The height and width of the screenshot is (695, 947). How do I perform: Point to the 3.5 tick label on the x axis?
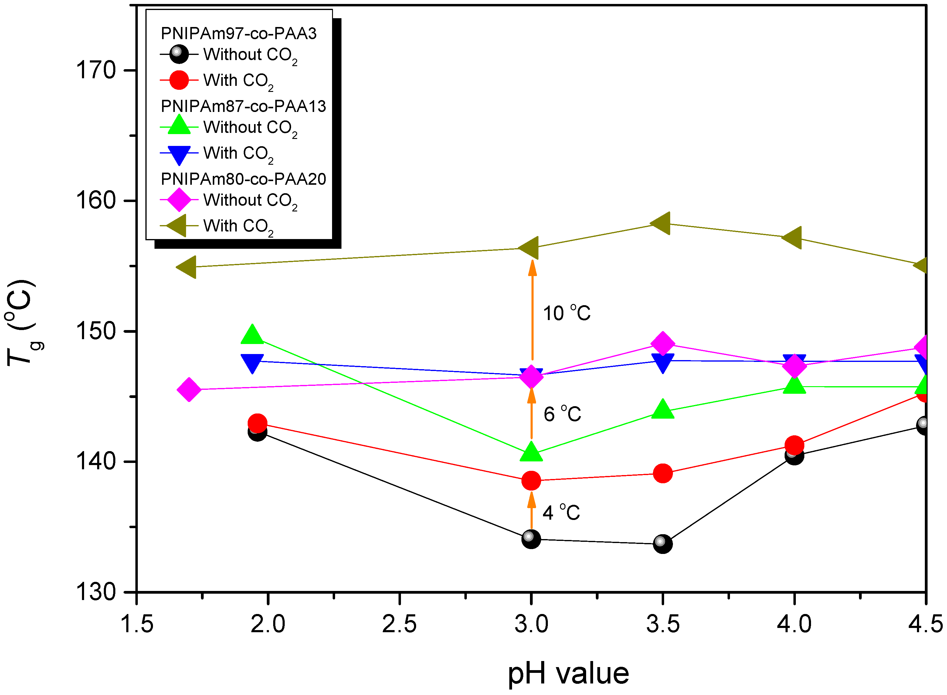tap(663, 624)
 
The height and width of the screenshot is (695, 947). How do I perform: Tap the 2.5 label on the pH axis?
tap(399, 624)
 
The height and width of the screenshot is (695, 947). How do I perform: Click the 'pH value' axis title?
tap(568, 673)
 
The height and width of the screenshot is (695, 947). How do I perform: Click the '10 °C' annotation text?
tap(566, 313)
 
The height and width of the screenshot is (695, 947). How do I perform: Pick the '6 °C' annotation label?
tap(562, 414)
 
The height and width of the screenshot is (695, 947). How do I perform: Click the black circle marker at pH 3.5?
tap(663, 544)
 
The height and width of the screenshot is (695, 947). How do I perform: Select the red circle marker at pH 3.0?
tap(531, 481)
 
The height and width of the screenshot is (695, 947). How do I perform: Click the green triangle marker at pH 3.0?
tap(531, 452)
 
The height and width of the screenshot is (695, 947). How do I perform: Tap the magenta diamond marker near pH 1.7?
tap(189, 390)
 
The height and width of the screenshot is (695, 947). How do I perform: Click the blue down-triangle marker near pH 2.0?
tap(252, 362)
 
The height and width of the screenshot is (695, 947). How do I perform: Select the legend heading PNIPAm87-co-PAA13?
tap(243, 106)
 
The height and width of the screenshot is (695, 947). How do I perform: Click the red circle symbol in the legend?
tap(179, 80)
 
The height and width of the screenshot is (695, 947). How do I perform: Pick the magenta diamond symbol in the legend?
tap(179, 200)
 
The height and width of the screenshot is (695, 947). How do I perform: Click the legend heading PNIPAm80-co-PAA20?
tap(243, 179)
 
